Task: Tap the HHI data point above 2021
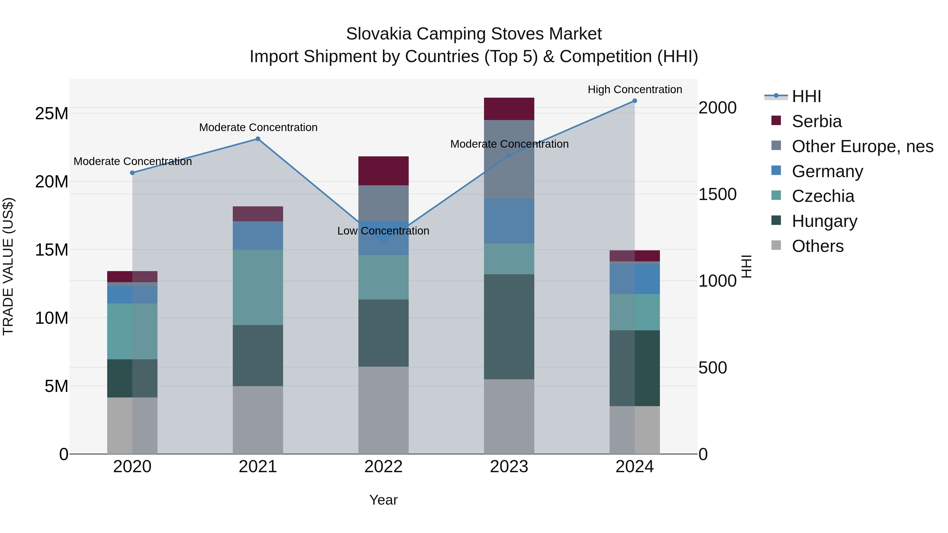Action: (x=258, y=139)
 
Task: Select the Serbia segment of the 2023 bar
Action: (x=509, y=109)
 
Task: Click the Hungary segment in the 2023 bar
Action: (x=509, y=327)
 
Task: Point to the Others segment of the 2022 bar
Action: (x=383, y=410)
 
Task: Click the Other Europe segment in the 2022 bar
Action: (x=383, y=203)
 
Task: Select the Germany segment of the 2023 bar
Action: (x=509, y=221)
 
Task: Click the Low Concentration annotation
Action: (x=383, y=231)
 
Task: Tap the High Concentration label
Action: (x=635, y=90)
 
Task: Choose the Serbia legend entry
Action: (x=816, y=121)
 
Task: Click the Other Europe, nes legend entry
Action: (x=862, y=146)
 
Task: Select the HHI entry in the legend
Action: (x=806, y=96)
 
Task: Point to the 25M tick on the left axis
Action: (x=52, y=114)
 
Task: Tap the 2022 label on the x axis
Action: (x=383, y=467)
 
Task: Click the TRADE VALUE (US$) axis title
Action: (x=8, y=266)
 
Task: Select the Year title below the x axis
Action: (x=383, y=500)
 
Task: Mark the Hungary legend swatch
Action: (x=776, y=220)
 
